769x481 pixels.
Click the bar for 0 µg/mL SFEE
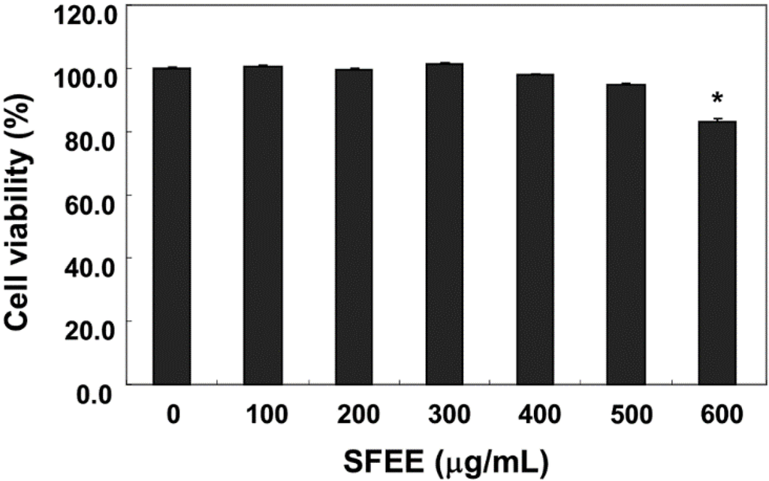coord(172,225)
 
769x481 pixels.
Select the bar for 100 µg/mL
coord(263,225)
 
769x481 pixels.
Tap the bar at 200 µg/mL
coord(354,225)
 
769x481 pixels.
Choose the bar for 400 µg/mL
coord(535,229)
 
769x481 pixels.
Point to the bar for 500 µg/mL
coord(626,234)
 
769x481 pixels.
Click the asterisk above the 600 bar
coord(718,99)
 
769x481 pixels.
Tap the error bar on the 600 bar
coord(717,119)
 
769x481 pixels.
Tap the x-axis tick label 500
coord(626,414)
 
